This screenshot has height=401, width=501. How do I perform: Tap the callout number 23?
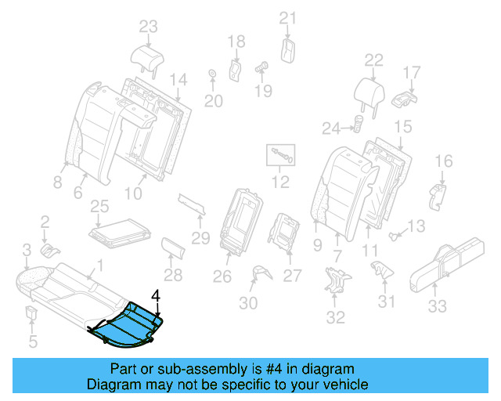(x=148, y=27)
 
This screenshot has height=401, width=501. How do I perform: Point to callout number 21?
(x=288, y=19)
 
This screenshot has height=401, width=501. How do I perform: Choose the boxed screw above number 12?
(x=280, y=156)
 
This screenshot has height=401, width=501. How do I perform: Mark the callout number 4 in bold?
(x=155, y=296)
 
